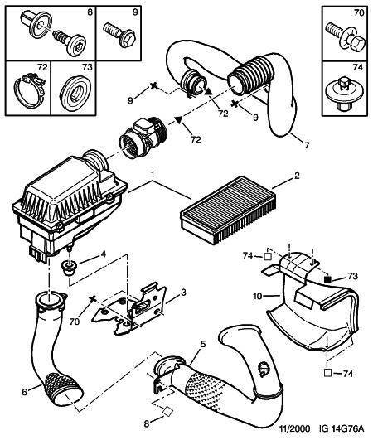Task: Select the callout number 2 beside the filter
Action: tap(297, 176)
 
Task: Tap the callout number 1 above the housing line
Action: tap(153, 176)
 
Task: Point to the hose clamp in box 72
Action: tap(29, 90)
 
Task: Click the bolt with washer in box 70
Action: tap(346, 39)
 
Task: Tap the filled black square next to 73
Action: tap(327, 280)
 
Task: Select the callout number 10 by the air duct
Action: tap(258, 296)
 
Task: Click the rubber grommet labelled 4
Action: tap(68, 268)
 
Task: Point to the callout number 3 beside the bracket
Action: tap(183, 293)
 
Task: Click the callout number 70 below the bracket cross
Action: tap(75, 322)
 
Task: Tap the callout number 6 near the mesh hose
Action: tap(25, 392)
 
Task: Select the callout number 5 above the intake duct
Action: tap(203, 344)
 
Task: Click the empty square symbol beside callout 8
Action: tap(167, 412)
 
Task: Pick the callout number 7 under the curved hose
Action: tap(307, 145)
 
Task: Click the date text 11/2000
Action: tap(295, 428)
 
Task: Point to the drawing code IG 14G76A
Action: tap(342, 428)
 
